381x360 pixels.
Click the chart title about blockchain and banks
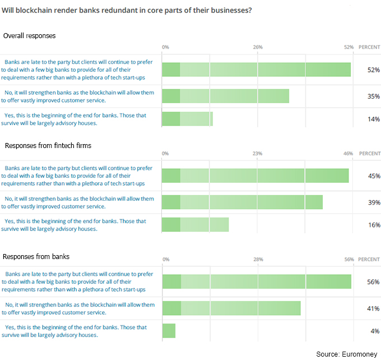[x=127, y=11]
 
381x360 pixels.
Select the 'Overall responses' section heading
[x=29, y=36]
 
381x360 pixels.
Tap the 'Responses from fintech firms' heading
[x=48, y=146]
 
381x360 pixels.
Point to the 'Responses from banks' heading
[x=36, y=256]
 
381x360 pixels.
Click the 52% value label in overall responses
[x=374, y=70]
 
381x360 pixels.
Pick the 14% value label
[x=374, y=119]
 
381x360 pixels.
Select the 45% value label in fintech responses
[x=374, y=176]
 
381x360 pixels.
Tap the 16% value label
[x=374, y=225]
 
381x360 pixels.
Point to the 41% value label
[x=374, y=308]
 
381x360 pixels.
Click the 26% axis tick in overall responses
[x=258, y=47]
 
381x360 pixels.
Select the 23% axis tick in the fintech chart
[x=258, y=153]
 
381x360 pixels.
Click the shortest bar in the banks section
[x=169, y=331]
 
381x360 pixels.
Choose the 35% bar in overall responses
[x=225, y=96]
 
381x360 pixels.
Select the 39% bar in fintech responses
[x=242, y=202]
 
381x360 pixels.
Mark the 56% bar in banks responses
[x=257, y=281]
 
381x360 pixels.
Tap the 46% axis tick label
[x=348, y=153]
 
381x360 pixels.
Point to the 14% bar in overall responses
[x=187, y=119]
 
